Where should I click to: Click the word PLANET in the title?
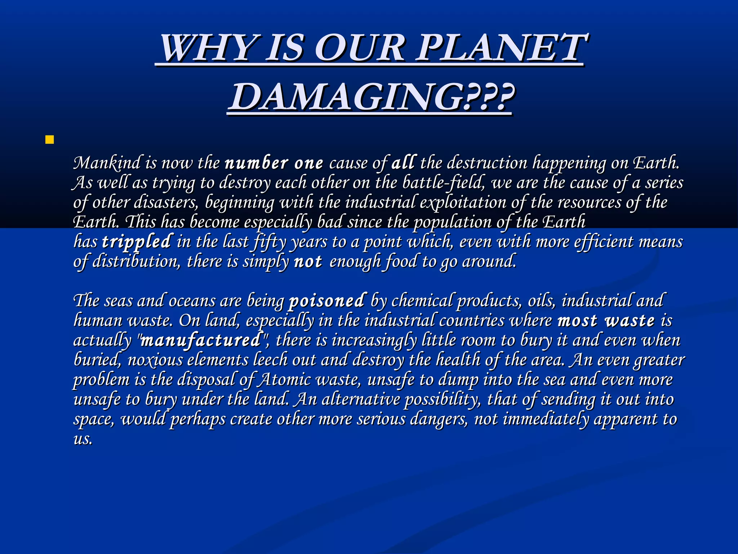(x=501, y=48)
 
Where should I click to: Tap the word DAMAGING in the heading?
(x=345, y=97)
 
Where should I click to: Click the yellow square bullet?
(x=50, y=140)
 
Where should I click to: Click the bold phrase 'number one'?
(x=274, y=163)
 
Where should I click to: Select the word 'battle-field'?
(x=443, y=183)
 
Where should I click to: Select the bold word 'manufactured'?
(x=201, y=340)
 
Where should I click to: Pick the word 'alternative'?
(x=360, y=399)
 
